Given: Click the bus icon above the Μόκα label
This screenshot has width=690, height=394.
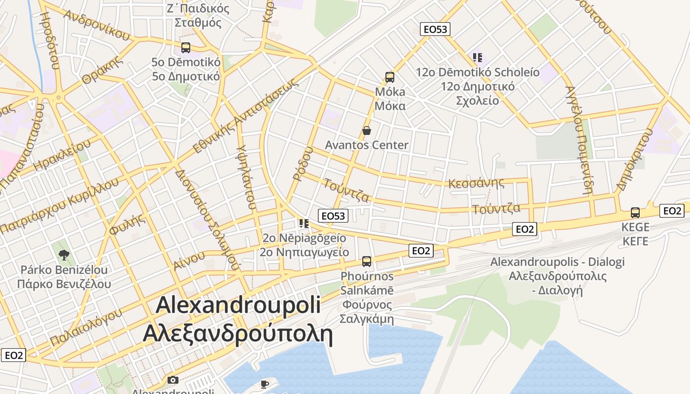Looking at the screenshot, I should pyautogui.click(x=389, y=77).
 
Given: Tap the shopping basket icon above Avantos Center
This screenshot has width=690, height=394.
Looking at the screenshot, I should pyautogui.click(x=367, y=131).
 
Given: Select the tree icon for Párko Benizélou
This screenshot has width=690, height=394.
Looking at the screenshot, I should pyautogui.click(x=64, y=255).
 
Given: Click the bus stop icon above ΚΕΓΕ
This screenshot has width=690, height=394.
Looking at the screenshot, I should pyautogui.click(x=635, y=213).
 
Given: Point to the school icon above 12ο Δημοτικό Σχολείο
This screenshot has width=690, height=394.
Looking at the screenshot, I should pyautogui.click(x=477, y=58).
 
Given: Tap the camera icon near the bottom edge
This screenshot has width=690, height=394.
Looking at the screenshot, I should pyautogui.click(x=172, y=380).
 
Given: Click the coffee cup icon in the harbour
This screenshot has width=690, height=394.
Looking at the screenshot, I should pyautogui.click(x=265, y=384).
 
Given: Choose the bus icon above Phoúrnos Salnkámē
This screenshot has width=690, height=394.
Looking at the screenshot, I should pyautogui.click(x=367, y=261).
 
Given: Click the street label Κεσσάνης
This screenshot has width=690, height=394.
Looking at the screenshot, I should pyautogui.click(x=476, y=183).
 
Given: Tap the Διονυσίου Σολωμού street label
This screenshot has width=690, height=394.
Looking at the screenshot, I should pyautogui.click(x=207, y=220).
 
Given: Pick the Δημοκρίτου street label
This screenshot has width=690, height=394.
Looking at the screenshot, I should pyautogui.click(x=635, y=160).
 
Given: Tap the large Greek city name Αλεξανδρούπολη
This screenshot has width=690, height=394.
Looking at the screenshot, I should pyautogui.click(x=238, y=334).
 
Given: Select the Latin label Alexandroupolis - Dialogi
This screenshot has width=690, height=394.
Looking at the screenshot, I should pyautogui.click(x=557, y=262).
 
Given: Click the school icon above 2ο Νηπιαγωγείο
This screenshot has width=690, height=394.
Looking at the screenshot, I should pyautogui.click(x=304, y=224).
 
